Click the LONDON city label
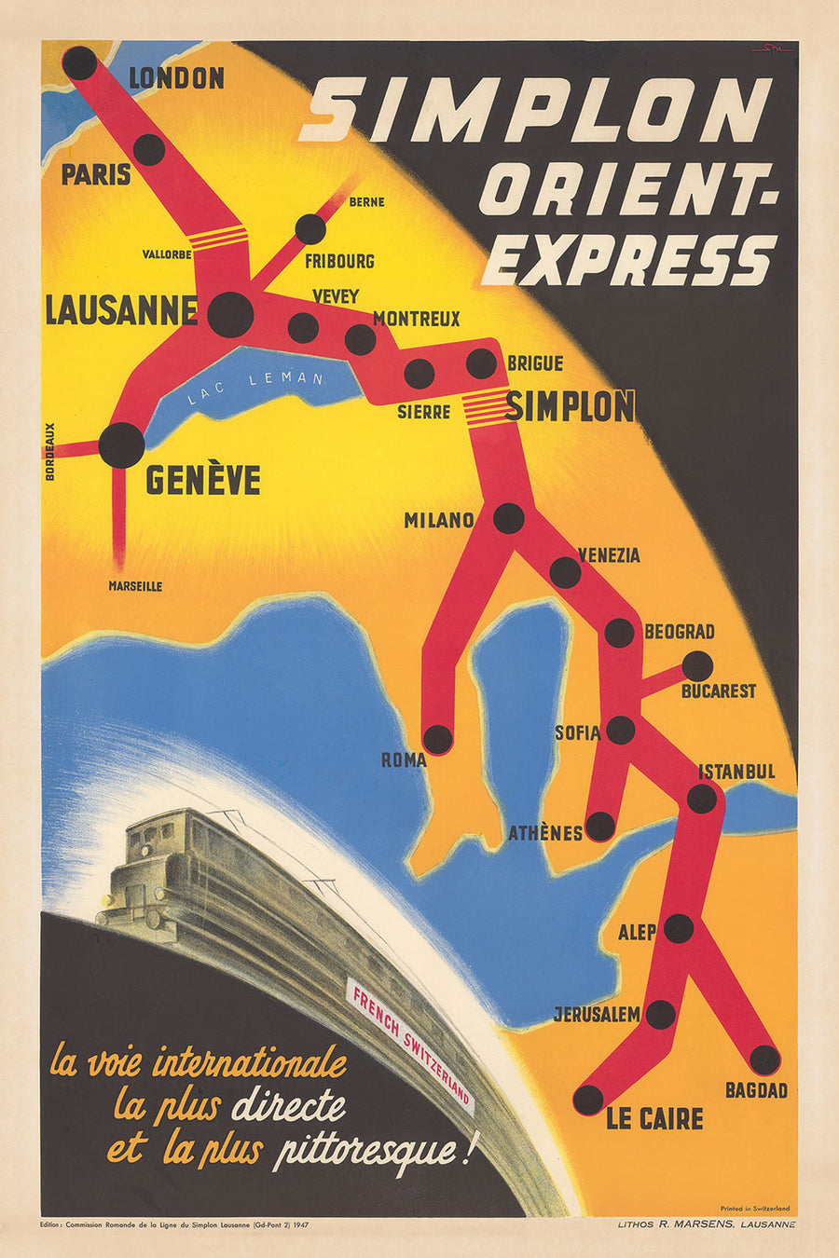176,78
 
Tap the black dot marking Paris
149,149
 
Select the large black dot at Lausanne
230,314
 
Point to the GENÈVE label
202,480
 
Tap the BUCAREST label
718,691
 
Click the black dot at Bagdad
764,1060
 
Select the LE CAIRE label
654,1118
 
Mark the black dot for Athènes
600,827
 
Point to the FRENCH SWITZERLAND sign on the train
411,1044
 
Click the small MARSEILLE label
135,586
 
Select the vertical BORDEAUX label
50,451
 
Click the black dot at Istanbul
702,799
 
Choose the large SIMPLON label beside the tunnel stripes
571,406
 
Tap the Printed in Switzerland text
754,1209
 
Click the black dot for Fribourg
310,229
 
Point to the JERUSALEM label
597,1014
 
